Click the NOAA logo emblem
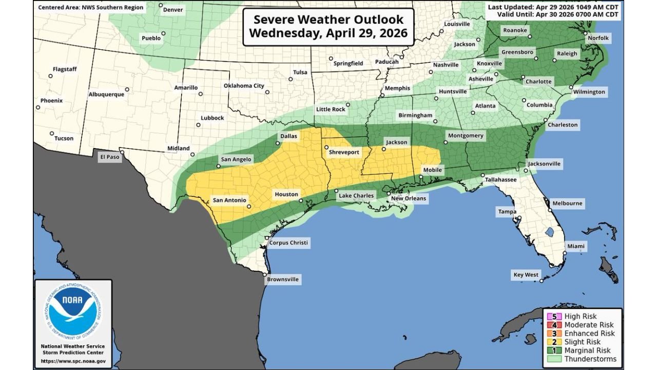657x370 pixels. (x=72, y=311)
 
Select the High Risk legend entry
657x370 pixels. (x=581, y=317)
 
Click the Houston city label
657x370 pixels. (x=286, y=194)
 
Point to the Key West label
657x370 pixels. (x=526, y=275)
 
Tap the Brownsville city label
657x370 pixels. (x=283, y=280)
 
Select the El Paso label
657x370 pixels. (x=109, y=157)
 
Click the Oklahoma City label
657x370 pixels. (x=244, y=86)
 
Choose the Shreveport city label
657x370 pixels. (x=344, y=153)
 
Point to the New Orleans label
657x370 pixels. (x=409, y=198)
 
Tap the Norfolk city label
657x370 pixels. (x=598, y=38)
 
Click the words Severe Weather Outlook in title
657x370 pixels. (x=328, y=20)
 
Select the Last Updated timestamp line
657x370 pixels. (x=553, y=7)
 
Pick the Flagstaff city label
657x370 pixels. (x=65, y=69)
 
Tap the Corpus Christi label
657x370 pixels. (x=289, y=243)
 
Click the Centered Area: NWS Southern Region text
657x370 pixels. (x=91, y=8)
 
